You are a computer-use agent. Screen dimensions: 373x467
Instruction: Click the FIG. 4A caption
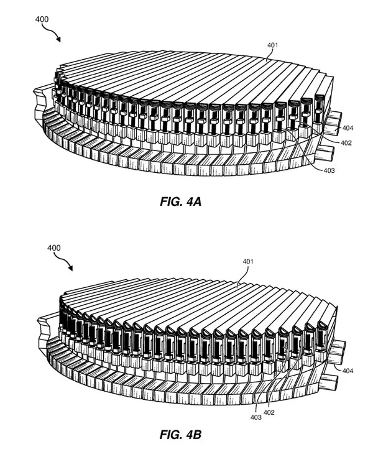(181, 201)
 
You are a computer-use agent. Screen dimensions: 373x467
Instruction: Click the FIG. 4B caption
(181, 435)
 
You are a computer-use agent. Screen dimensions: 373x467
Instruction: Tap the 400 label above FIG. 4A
(42, 19)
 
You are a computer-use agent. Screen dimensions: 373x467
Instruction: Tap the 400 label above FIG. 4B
(54, 247)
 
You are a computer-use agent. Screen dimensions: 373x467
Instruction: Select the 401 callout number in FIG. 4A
(272, 45)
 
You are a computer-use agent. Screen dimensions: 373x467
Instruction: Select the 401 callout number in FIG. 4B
(247, 262)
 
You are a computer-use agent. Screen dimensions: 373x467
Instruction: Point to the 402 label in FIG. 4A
(346, 143)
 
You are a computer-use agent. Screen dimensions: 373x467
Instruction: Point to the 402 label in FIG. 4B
(269, 412)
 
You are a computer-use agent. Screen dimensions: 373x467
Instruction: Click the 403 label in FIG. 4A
(329, 170)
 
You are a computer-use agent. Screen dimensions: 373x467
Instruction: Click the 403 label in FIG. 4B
(256, 417)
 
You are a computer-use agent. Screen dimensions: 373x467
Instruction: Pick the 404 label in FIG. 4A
(348, 128)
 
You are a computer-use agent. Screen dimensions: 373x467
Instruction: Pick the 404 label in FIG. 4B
(348, 371)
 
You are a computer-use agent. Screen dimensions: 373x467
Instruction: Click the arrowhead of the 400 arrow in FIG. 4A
(58, 40)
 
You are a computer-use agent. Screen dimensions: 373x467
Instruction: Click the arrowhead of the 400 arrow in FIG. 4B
(70, 269)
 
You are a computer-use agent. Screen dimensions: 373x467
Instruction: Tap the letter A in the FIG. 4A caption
(197, 201)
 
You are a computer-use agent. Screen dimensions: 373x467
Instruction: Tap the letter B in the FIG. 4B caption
(197, 435)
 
